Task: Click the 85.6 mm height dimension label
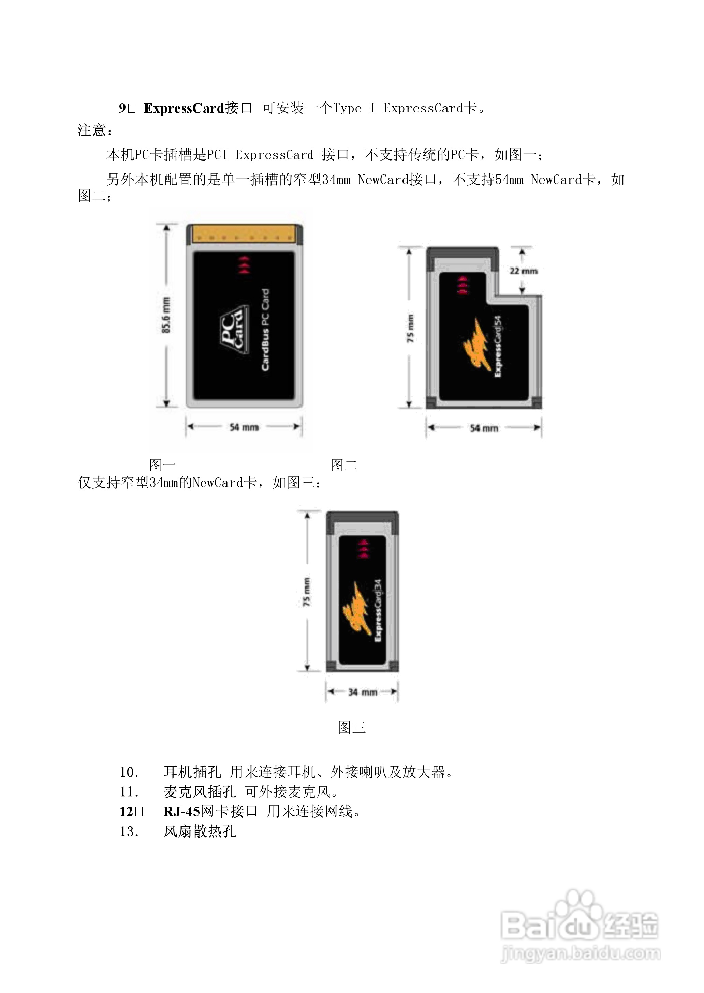click(166, 315)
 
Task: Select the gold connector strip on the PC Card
click(245, 235)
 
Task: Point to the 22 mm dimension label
click(524, 271)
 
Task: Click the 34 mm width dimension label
click(363, 692)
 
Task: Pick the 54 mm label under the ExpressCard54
click(484, 428)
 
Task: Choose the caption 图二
click(344, 465)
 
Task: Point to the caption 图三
click(352, 727)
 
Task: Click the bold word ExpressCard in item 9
click(184, 108)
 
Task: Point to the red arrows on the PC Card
click(244, 264)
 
